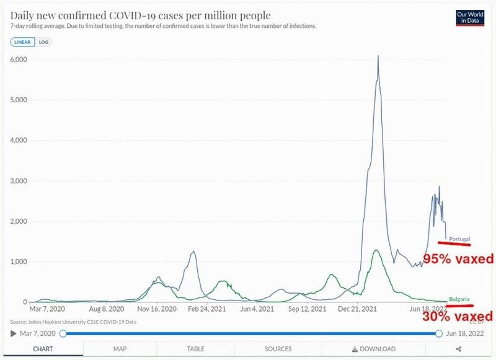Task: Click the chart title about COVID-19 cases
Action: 141,14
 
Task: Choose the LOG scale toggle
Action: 43,42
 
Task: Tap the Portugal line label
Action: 459,239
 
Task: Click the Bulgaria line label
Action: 459,299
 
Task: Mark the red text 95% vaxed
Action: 458,258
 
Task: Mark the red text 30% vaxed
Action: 458,317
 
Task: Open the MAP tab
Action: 120,349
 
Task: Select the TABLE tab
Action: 195,349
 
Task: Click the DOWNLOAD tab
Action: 373,349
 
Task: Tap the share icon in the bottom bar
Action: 459,349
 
